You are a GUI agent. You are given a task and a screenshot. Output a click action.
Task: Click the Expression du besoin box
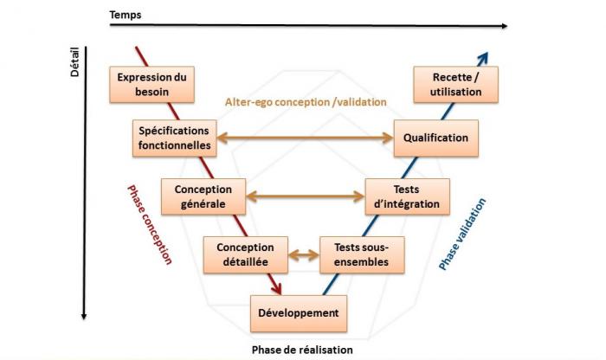151,84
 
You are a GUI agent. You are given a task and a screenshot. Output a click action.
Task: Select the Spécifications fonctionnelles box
174,138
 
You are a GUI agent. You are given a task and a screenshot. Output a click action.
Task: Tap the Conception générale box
203,196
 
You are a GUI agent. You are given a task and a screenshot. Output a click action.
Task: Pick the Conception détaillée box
245,254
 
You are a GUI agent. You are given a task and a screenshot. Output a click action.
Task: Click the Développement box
299,312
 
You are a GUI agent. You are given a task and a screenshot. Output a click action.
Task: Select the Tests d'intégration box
408,196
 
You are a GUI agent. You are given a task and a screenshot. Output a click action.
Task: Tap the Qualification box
435,138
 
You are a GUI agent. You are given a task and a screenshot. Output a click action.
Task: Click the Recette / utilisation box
455,84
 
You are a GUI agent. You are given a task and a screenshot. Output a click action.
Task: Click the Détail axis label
74,62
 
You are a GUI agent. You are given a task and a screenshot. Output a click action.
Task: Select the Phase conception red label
149,224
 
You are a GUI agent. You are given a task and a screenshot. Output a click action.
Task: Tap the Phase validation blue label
463,235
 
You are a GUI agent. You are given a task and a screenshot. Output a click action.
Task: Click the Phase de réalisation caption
302,350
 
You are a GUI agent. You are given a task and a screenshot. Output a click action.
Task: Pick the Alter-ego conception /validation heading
306,102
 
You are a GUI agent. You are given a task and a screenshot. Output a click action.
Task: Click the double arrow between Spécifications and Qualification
304,138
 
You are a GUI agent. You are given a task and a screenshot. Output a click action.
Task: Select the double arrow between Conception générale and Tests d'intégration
306,196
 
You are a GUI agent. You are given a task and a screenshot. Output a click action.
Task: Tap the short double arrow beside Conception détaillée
303,254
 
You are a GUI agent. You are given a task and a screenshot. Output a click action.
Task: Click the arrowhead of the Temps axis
503,26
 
